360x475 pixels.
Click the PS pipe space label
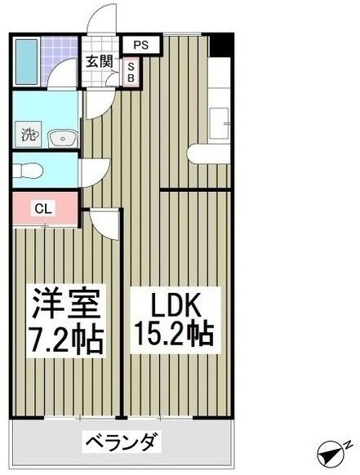click(x=141, y=45)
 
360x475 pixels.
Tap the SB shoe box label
click(x=131, y=72)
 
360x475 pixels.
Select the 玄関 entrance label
click(x=100, y=61)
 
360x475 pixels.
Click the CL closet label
click(x=43, y=209)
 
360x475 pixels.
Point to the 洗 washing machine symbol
click(x=29, y=134)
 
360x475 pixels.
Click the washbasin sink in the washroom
click(x=62, y=139)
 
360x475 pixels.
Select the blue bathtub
click(x=27, y=61)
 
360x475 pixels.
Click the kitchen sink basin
click(x=219, y=122)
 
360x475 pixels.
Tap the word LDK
click(x=176, y=306)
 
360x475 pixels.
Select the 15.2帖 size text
click(x=174, y=334)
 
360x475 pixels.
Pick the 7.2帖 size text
click(x=66, y=339)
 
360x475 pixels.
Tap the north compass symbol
click(x=331, y=454)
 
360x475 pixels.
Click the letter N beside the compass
click(x=349, y=445)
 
